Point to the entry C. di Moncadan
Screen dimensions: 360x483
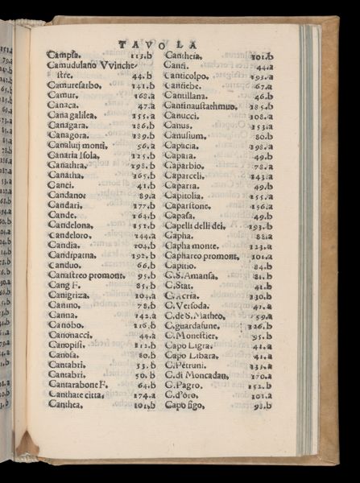pos(199,375)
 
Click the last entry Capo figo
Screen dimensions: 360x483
pos(186,407)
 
